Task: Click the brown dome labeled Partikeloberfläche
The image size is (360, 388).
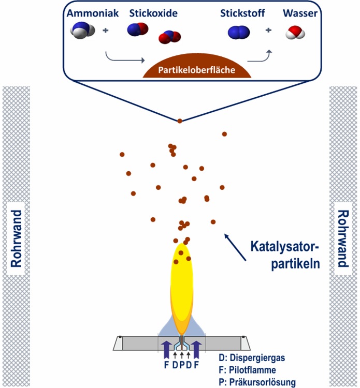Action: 199,69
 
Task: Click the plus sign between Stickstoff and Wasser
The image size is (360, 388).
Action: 268,31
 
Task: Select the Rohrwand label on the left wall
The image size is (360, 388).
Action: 17,238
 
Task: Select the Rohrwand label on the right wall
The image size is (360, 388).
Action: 342,238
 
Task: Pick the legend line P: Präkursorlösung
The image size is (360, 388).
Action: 257,382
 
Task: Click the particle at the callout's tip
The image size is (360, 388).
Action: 180,121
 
